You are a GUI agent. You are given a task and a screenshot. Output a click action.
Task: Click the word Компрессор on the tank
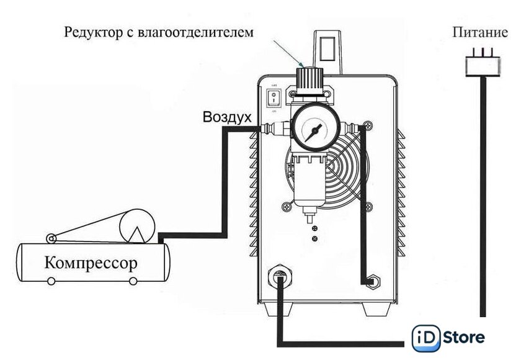pos(91,263)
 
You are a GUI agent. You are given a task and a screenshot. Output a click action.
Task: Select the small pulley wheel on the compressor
pos(50,238)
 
